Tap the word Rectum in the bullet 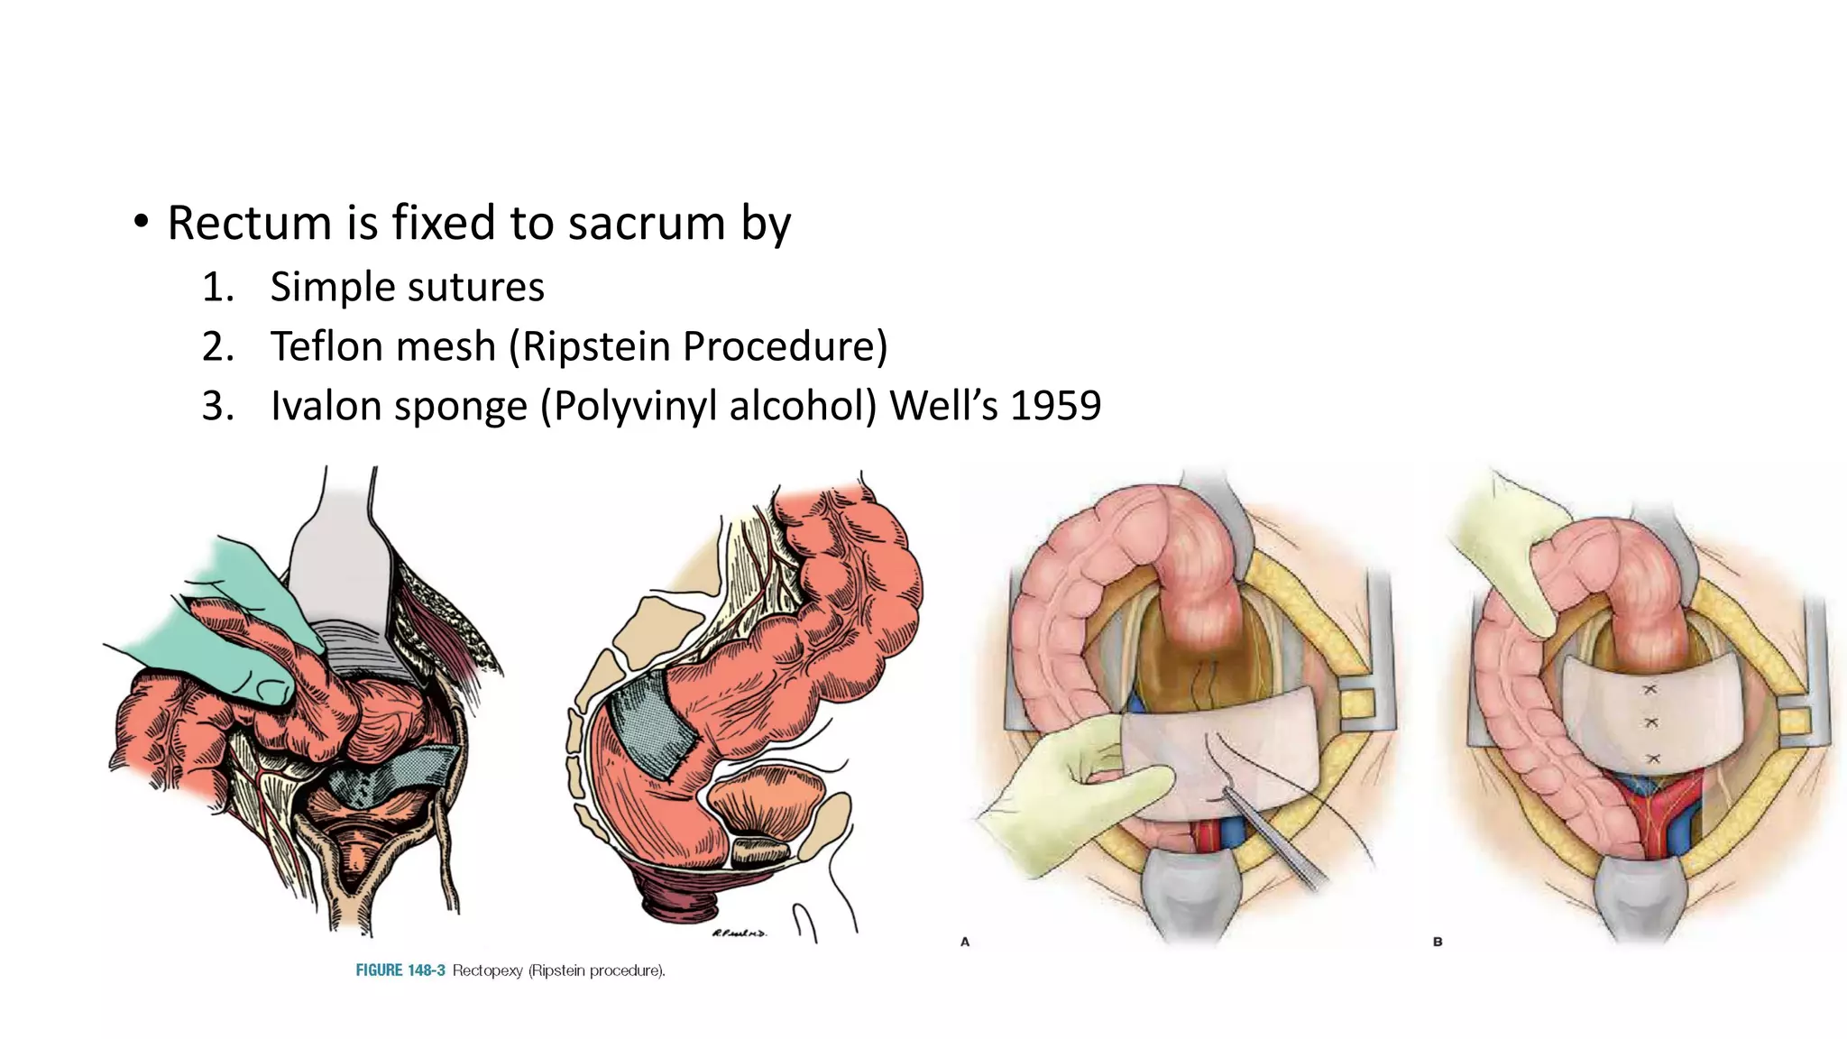[250, 223]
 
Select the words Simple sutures [407, 288]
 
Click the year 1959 [1055, 406]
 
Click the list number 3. [217, 406]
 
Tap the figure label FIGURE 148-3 [400, 970]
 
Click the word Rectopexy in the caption [487, 970]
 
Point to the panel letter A [965, 942]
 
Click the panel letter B [1438, 942]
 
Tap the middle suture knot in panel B [1651, 722]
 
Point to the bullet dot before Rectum [140, 222]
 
